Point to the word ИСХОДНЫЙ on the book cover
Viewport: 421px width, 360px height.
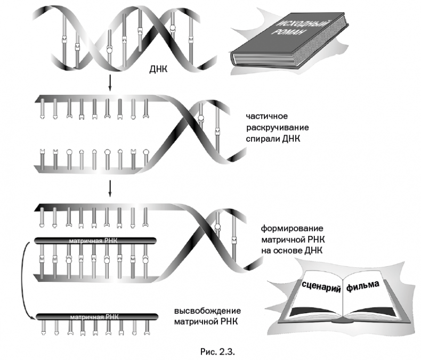coord(296,26)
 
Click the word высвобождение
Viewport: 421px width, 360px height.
coord(208,310)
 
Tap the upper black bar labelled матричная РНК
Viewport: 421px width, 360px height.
coord(96,241)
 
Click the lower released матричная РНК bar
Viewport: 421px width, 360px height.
coord(96,318)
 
